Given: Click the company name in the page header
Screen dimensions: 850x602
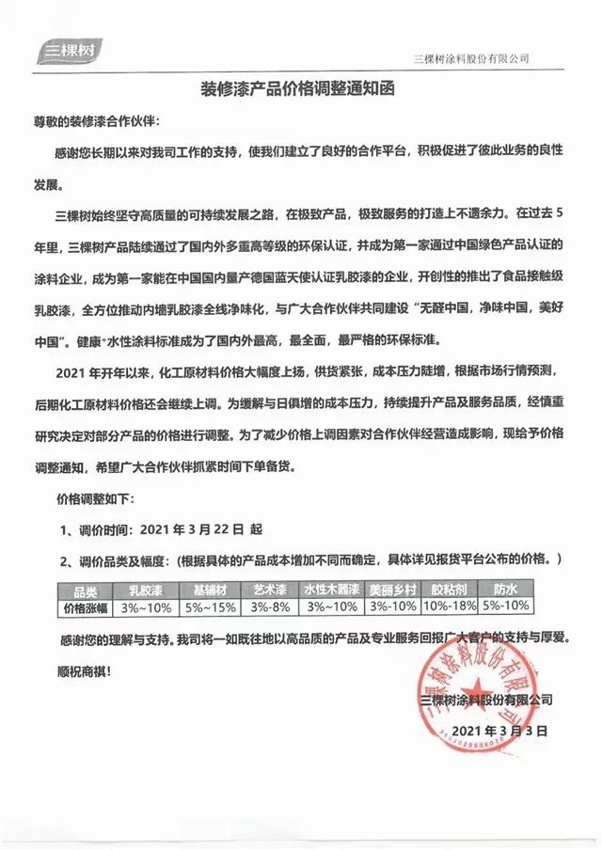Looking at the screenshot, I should coord(471,57).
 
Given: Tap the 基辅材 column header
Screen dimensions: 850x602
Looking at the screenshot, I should coord(210,590).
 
